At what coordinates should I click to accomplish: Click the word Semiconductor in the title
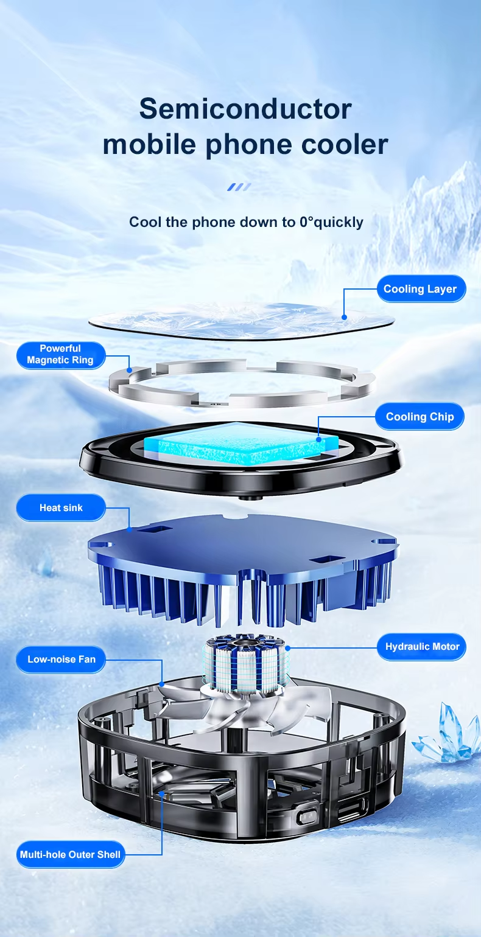pyautogui.click(x=245, y=109)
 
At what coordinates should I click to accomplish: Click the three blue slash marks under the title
pyautogui.click(x=239, y=187)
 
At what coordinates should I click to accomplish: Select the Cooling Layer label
pyautogui.click(x=421, y=288)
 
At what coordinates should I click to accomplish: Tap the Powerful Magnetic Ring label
pyautogui.click(x=61, y=355)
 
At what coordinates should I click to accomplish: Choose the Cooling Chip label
pyautogui.click(x=420, y=417)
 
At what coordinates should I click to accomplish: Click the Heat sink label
pyautogui.click(x=61, y=508)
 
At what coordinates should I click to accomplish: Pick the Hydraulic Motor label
pyautogui.click(x=421, y=647)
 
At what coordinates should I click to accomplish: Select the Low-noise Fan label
pyautogui.click(x=61, y=660)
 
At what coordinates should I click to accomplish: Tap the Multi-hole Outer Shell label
pyautogui.click(x=71, y=855)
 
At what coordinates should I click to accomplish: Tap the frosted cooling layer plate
pyautogui.click(x=242, y=321)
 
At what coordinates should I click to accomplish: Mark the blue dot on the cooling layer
pyautogui.click(x=344, y=317)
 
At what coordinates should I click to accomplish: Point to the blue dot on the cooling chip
pyautogui.click(x=318, y=439)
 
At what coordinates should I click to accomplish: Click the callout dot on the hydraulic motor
pyautogui.click(x=287, y=648)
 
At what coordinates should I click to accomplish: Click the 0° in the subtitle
pyautogui.click(x=306, y=221)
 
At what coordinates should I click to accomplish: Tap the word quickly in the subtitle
pyautogui.click(x=339, y=223)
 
